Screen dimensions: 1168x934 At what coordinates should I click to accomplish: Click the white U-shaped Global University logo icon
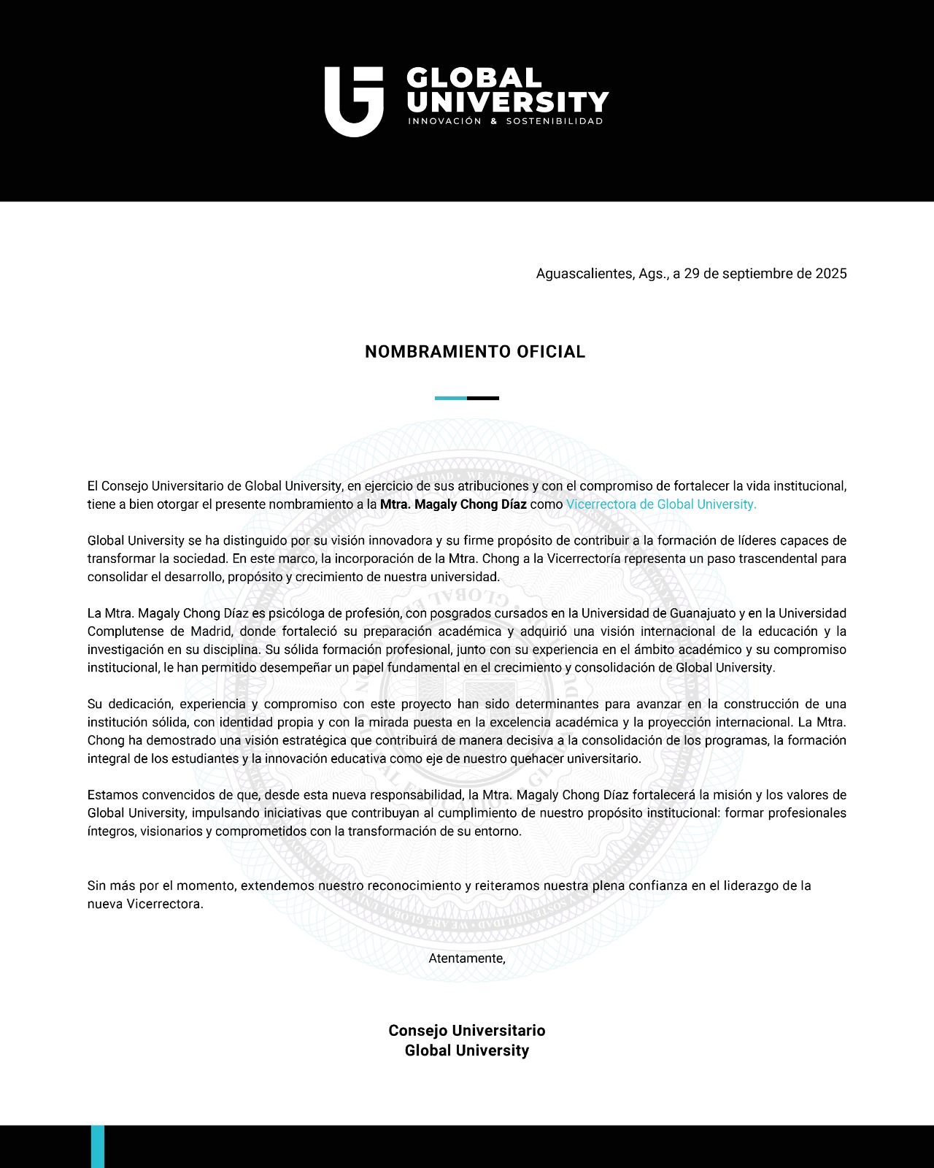[354, 101]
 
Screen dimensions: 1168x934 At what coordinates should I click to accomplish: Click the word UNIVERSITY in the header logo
[507, 101]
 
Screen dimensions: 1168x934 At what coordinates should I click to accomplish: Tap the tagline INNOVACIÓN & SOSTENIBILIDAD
[506, 121]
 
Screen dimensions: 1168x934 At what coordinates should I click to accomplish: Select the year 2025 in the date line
[831, 274]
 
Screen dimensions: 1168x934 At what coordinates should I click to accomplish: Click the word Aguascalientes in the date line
[584, 274]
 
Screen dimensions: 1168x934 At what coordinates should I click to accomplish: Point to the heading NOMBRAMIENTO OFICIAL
[475, 352]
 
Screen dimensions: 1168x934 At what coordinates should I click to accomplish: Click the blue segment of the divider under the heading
[450, 398]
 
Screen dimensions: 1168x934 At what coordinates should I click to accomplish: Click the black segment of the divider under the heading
[483, 398]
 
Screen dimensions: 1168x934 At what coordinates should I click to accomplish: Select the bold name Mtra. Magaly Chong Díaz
[453, 504]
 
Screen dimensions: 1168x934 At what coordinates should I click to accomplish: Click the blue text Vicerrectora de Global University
[661, 504]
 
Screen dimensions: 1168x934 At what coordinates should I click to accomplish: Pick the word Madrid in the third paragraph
[212, 631]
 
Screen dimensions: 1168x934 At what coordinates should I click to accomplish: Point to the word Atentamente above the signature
[466, 958]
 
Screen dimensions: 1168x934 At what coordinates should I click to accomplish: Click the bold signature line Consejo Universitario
[467, 1031]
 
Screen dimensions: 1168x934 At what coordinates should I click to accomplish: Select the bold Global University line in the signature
[467, 1050]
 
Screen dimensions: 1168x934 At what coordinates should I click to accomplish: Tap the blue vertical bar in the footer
[98, 1146]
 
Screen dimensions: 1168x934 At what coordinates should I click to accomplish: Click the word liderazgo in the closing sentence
[749, 886]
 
